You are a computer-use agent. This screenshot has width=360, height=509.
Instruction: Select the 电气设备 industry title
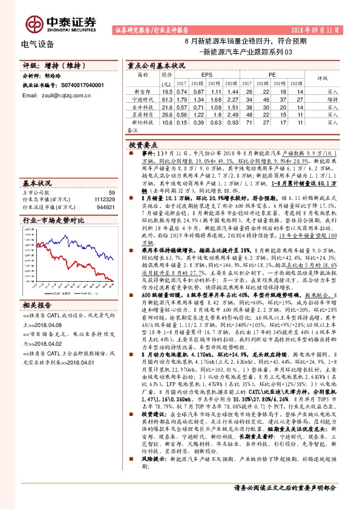point(38,44)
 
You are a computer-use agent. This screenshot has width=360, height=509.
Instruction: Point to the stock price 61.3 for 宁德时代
point(168,99)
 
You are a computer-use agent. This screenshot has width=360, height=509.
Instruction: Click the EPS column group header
point(206,75)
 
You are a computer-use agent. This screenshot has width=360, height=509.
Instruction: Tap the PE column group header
point(272,75)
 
